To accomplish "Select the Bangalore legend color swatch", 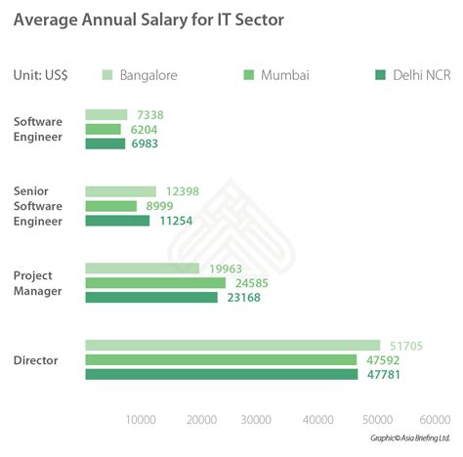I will [107, 75].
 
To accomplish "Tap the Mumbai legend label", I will [284, 75].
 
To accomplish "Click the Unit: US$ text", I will [48, 75].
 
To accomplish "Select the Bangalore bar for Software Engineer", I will [106, 115].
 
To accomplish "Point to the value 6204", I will [143, 129].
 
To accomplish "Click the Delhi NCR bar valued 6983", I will [105, 144].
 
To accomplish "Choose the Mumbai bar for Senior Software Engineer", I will [111, 206].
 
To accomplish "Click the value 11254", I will [177, 221].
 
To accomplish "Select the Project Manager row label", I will [39, 283].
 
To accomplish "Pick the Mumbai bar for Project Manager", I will [155, 283].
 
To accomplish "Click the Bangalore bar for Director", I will [232, 345].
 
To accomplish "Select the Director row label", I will [35, 360].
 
